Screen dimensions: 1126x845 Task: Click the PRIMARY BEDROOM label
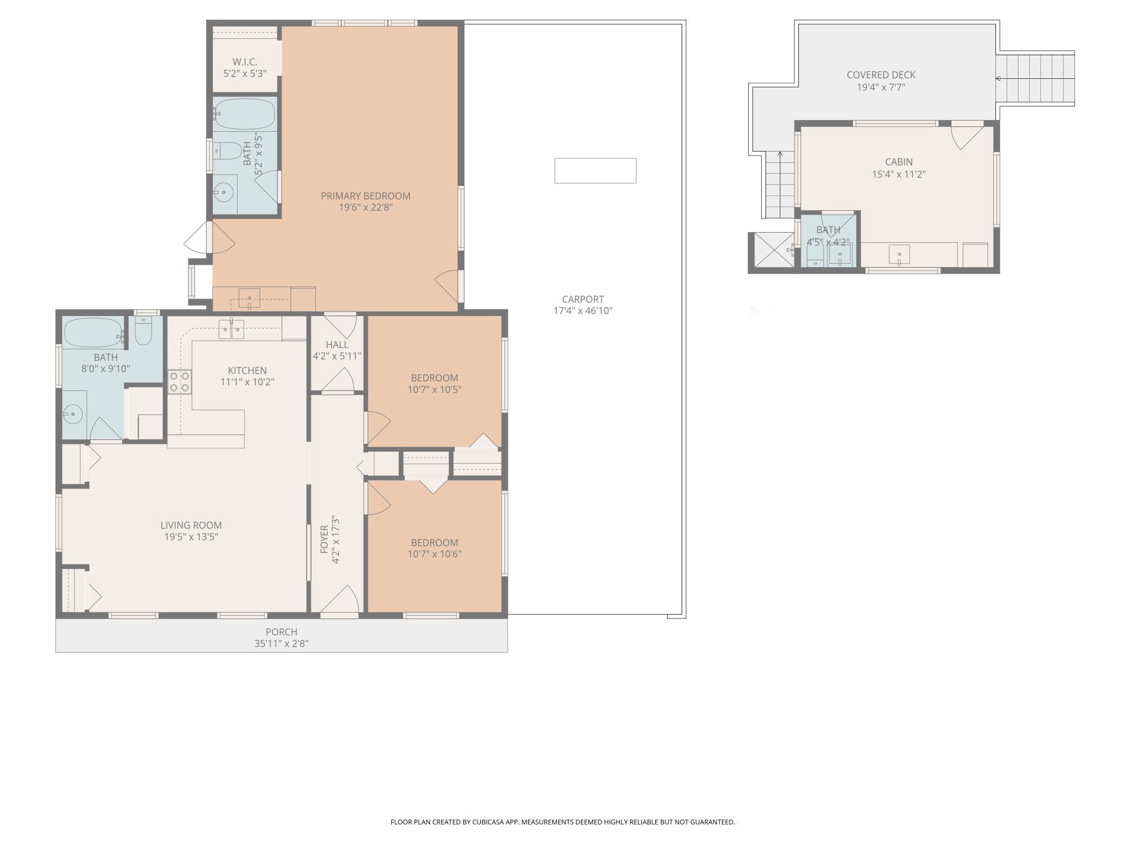click(365, 196)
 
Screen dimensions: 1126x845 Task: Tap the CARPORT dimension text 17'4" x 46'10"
click(583, 310)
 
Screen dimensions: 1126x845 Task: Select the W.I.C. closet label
click(245, 62)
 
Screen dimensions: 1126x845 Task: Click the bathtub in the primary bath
click(245, 114)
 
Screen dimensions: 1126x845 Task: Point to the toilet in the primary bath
click(227, 150)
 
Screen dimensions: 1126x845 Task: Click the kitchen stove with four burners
click(180, 381)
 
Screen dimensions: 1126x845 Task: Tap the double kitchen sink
click(231, 328)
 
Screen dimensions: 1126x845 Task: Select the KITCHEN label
click(247, 371)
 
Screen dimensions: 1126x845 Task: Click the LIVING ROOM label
click(191, 526)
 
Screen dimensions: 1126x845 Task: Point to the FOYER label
click(324, 539)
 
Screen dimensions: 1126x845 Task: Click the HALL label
click(337, 345)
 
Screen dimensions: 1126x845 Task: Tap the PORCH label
click(281, 632)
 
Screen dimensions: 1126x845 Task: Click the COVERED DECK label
click(881, 75)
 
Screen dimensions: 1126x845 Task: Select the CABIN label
click(899, 162)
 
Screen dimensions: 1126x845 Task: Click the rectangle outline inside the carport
click(596, 171)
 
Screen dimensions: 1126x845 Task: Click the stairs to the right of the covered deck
click(1036, 78)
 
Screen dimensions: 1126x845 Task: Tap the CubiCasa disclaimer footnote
click(563, 822)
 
